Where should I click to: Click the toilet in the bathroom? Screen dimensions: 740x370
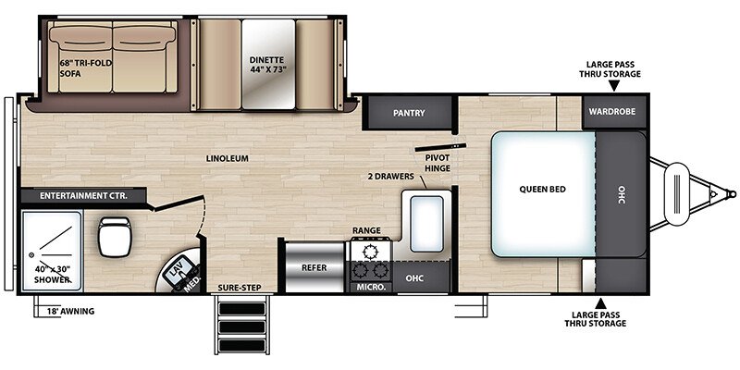(114, 237)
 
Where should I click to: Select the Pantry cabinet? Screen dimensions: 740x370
(409, 112)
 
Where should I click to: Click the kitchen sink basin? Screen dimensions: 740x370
(426, 224)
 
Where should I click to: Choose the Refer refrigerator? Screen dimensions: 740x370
(314, 267)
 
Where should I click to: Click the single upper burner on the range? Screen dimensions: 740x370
(369, 252)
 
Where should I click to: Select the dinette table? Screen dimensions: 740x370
(268, 64)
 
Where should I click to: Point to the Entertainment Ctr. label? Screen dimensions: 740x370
(83, 195)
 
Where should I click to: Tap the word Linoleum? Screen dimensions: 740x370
(227, 158)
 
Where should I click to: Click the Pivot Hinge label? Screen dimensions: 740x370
(437, 163)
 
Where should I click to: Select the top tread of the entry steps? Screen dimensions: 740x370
(242, 309)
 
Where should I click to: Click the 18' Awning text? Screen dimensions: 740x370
(71, 311)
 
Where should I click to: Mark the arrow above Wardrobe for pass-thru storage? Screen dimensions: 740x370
(613, 85)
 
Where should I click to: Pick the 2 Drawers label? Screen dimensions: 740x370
(390, 177)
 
